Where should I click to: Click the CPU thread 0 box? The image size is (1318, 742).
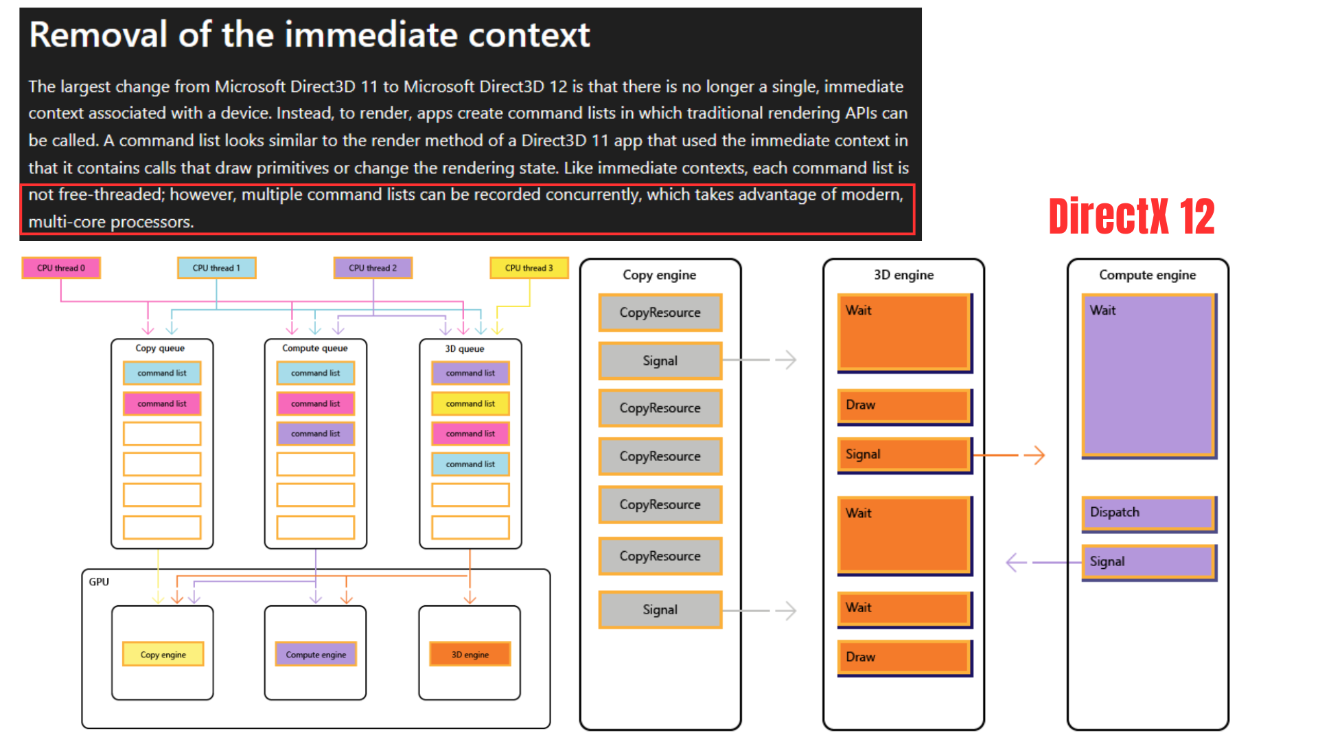pyautogui.click(x=61, y=268)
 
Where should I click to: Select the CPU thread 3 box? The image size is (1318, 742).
pyautogui.click(x=529, y=268)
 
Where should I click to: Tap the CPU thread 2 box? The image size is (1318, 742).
pyautogui.click(x=373, y=268)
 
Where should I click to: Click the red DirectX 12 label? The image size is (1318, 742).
pyautogui.click(x=1131, y=216)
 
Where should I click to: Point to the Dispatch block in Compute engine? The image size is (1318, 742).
pyautogui.click(x=1149, y=513)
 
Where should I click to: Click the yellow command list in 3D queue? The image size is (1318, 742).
pyautogui.click(x=470, y=403)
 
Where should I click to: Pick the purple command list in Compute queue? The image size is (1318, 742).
pyautogui.click(x=316, y=434)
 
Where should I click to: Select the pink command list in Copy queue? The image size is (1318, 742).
pyautogui.click(x=162, y=403)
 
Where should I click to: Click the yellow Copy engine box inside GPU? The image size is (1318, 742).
pyautogui.click(x=163, y=654)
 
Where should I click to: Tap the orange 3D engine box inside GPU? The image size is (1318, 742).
pyautogui.click(x=470, y=654)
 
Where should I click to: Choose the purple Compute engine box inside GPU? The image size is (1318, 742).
pyautogui.click(x=316, y=654)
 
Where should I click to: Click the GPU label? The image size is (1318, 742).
pyautogui.click(x=99, y=582)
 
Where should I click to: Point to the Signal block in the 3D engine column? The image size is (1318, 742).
pyautogui.click(x=905, y=455)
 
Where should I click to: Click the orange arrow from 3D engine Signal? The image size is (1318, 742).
pyautogui.click(x=1009, y=455)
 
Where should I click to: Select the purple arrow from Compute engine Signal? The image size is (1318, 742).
pyautogui.click(x=1044, y=563)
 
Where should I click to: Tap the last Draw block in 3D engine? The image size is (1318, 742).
pyautogui.click(x=905, y=657)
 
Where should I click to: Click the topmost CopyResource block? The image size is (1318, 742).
pyautogui.click(x=660, y=313)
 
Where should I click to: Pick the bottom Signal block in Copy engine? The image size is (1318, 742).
pyautogui.click(x=660, y=609)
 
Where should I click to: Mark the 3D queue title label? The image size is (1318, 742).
pyautogui.click(x=465, y=349)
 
